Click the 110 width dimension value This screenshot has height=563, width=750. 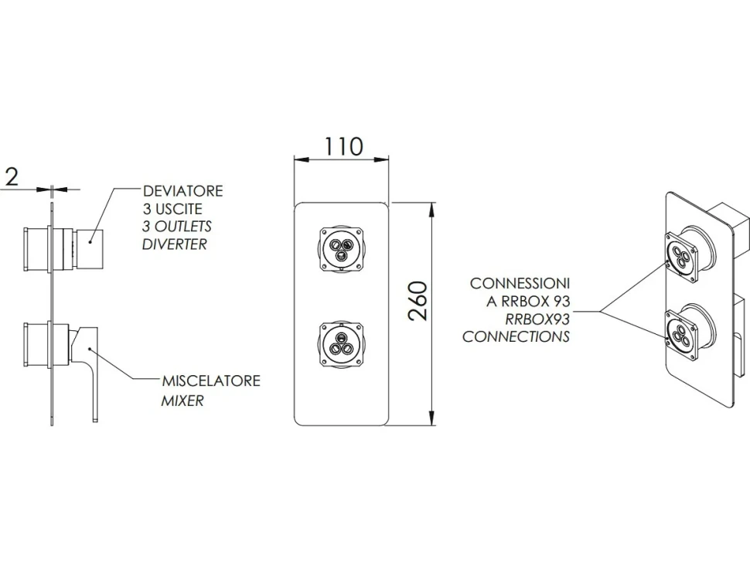click(344, 146)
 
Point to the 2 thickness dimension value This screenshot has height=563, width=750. click(12, 176)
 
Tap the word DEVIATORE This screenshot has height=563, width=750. click(183, 191)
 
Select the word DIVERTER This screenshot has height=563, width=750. click(175, 244)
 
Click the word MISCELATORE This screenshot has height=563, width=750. click(211, 380)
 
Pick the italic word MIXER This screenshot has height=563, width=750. click(182, 401)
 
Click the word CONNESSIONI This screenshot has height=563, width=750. click(520, 283)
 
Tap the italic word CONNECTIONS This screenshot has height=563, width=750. click(516, 336)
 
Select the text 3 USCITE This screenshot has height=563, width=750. click(172, 209)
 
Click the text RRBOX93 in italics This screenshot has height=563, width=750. click(537, 319)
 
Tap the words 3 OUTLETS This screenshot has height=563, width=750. click(177, 227)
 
